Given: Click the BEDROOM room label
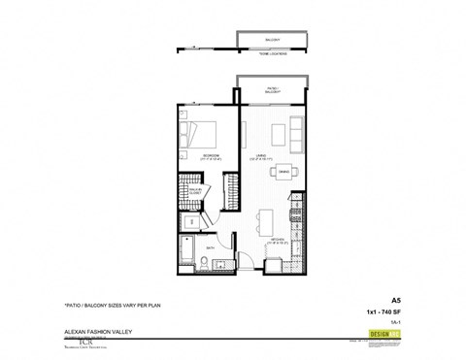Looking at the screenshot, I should pos(207,155).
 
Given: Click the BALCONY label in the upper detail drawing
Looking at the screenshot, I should pos(273,39).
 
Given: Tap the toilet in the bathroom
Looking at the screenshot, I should pos(222,263).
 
